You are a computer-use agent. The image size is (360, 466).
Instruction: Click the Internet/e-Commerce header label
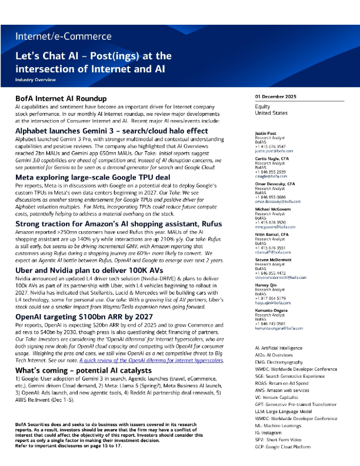[64, 36]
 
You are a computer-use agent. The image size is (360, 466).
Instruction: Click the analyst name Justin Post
[266, 134]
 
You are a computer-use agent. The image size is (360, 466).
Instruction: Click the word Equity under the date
[262, 106]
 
